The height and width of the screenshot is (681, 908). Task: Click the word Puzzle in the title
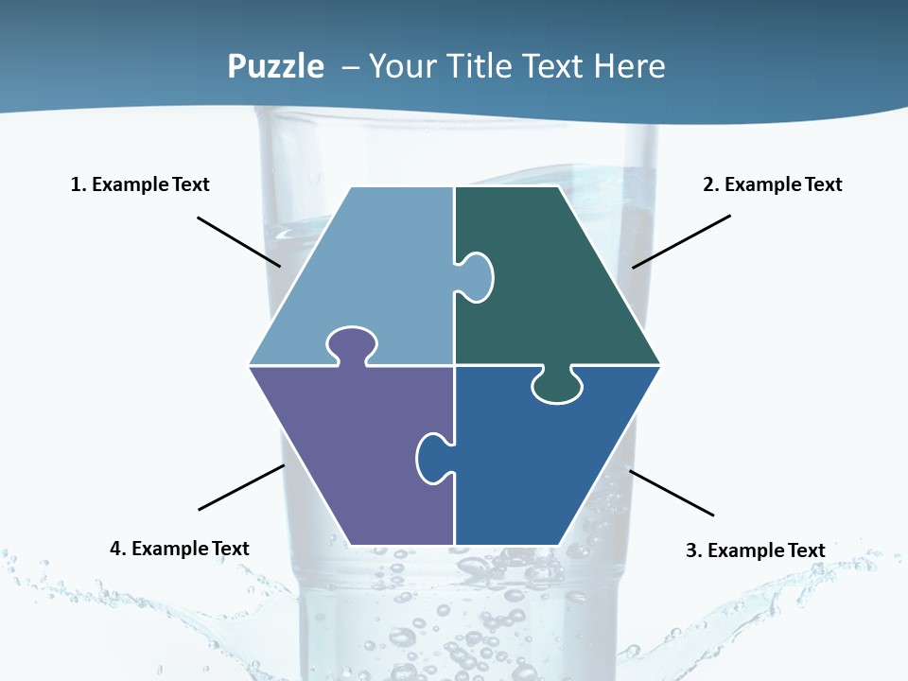[275, 67]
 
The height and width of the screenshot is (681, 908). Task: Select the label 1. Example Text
[140, 184]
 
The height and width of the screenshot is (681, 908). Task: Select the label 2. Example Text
[772, 184]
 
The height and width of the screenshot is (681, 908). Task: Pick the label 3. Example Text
[755, 550]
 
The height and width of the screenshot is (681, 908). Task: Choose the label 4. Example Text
[180, 549]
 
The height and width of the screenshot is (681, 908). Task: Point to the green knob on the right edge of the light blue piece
[477, 276]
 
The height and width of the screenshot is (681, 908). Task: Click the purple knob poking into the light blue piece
[352, 344]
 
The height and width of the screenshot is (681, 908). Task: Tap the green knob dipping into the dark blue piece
[557, 386]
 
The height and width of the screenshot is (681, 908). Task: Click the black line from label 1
[238, 241]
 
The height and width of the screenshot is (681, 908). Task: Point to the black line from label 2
[681, 241]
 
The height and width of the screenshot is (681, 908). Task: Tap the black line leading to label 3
[672, 493]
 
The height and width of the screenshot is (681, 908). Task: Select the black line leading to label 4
[241, 487]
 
